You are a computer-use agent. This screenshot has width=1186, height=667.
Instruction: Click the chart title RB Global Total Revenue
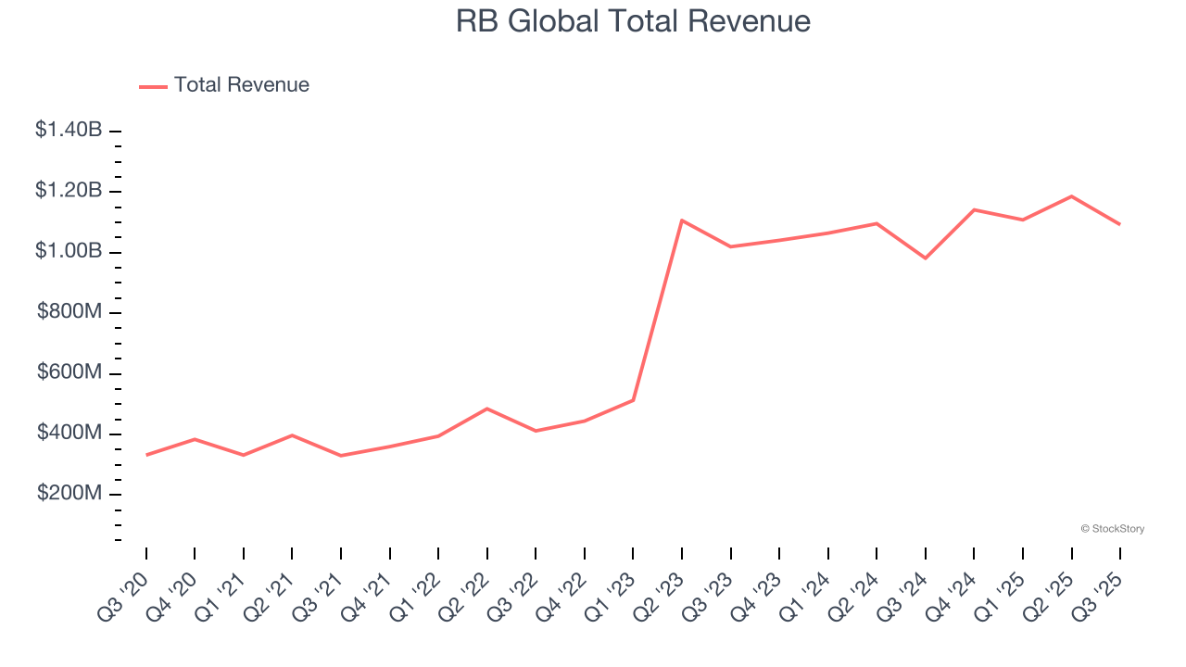click(633, 21)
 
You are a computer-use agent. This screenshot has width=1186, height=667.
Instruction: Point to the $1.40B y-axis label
click(69, 130)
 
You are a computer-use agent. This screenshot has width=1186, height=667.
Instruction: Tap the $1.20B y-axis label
click(69, 191)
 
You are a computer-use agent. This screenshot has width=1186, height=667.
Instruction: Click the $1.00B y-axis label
click(69, 251)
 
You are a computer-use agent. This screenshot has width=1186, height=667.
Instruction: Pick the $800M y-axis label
click(69, 312)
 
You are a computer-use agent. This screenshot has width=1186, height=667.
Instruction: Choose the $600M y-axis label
click(69, 372)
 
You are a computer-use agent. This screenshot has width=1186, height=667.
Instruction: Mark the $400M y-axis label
click(69, 433)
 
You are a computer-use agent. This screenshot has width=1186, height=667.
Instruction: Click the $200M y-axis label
click(69, 494)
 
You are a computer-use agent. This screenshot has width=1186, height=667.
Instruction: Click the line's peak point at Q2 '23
click(682, 220)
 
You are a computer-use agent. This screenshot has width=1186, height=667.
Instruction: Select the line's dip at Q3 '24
click(926, 258)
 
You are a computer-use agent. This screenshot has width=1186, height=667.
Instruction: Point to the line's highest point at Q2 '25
click(1072, 196)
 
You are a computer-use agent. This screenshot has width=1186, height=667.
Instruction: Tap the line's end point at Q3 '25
click(1120, 224)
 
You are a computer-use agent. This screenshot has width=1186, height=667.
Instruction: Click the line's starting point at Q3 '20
click(146, 455)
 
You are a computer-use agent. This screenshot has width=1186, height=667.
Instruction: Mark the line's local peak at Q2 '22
click(487, 409)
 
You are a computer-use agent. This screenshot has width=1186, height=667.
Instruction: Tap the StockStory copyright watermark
click(1112, 529)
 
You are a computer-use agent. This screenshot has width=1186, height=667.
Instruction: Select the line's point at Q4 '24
click(974, 209)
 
